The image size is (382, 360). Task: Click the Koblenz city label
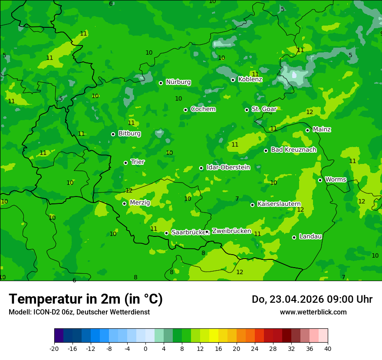(x=250, y=79)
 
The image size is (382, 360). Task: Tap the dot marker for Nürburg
(x=161, y=83)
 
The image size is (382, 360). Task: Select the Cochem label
(x=203, y=109)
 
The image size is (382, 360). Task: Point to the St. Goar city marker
(x=247, y=110)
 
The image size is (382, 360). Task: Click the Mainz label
(x=322, y=129)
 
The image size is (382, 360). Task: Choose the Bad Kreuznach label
(x=293, y=150)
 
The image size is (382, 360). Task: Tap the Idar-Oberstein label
(x=228, y=167)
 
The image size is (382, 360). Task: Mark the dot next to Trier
(x=125, y=163)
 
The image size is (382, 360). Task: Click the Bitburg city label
(x=129, y=134)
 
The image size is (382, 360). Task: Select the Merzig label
(x=140, y=203)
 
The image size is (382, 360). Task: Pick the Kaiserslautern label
(x=279, y=204)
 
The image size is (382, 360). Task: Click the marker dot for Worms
(x=320, y=180)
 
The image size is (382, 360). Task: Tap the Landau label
(x=310, y=236)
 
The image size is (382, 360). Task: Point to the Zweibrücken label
(x=231, y=231)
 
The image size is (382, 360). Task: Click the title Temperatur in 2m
(x=86, y=299)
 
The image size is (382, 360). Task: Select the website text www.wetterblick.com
(x=313, y=312)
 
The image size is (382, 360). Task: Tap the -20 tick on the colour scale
(x=54, y=349)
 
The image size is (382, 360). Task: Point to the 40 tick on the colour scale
(x=328, y=349)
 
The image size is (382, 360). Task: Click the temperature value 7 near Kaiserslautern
(x=237, y=199)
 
